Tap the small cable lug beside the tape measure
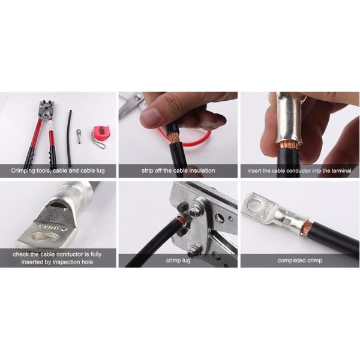pyautogui.click(x=79, y=136)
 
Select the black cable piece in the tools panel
pyautogui.click(x=70, y=139)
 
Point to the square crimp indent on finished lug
pyautogui.click(x=287, y=221)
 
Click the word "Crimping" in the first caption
pyautogui.click(x=23, y=171)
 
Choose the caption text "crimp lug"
pyautogui.click(x=178, y=260)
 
